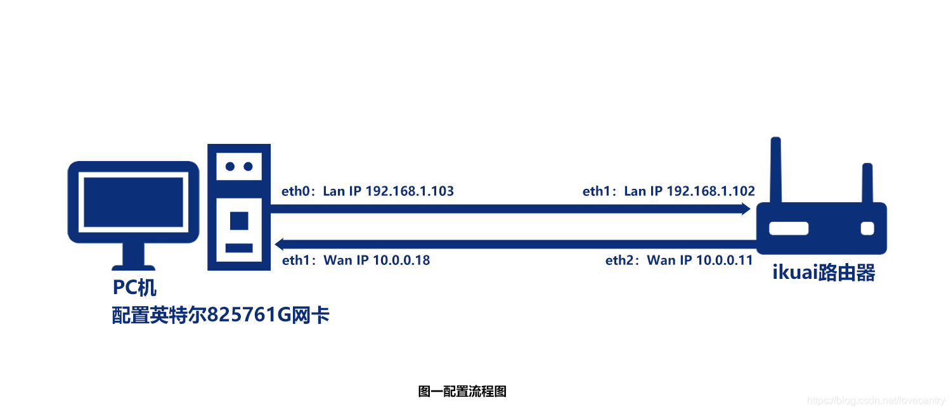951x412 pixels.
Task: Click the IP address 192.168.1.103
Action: coord(410,191)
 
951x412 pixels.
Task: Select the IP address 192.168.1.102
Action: coord(711,191)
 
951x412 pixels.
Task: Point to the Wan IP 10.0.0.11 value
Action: coord(724,260)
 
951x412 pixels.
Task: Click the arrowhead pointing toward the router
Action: coord(746,209)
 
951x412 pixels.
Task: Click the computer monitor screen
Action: coord(134,202)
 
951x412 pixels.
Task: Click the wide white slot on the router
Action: coord(788,228)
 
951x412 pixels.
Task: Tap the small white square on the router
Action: coord(867,228)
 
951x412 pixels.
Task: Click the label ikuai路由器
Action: coord(824,273)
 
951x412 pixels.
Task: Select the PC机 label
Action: coord(134,288)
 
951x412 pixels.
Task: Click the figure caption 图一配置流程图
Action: coord(462,391)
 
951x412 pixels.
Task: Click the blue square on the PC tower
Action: coord(239,220)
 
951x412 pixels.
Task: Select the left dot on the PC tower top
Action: coord(230,166)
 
